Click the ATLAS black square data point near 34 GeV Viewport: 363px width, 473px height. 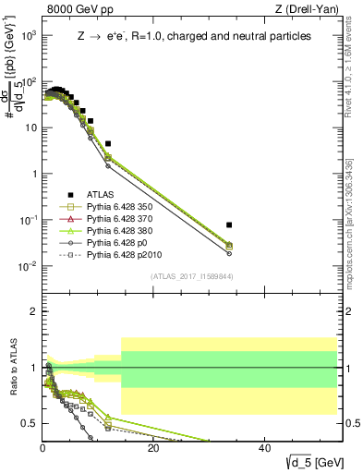click(229, 224)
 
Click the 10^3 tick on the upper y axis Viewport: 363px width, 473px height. click(29, 35)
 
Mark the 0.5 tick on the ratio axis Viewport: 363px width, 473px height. click(30, 423)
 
